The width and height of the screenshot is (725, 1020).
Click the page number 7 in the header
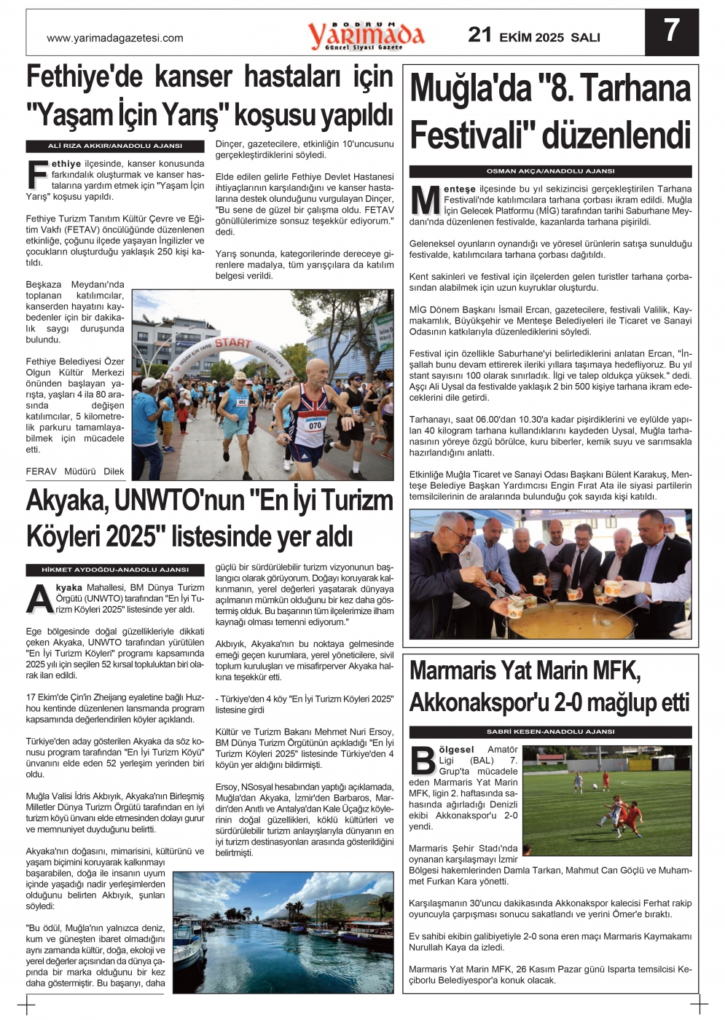click(x=671, y=31)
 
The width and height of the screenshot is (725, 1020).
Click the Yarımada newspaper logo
click(x=366, y=35)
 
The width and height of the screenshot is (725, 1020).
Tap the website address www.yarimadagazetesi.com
click(x=115, y=38)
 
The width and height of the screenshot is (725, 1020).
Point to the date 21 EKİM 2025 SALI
click(x=534, y=36)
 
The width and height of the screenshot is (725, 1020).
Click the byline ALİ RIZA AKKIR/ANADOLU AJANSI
click(x=115, y=146)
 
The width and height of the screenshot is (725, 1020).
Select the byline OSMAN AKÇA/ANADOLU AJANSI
click(x=550, y=171)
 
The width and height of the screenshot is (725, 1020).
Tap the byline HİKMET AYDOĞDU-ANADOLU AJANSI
click(x=115, y=570)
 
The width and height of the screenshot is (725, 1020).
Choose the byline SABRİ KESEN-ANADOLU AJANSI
click(x=550, y=731)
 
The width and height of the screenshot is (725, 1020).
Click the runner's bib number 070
click(x=315, y=425)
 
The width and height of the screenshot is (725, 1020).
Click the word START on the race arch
click(x=233, y=342)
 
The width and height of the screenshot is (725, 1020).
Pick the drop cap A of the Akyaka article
click(x=39, y=599)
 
